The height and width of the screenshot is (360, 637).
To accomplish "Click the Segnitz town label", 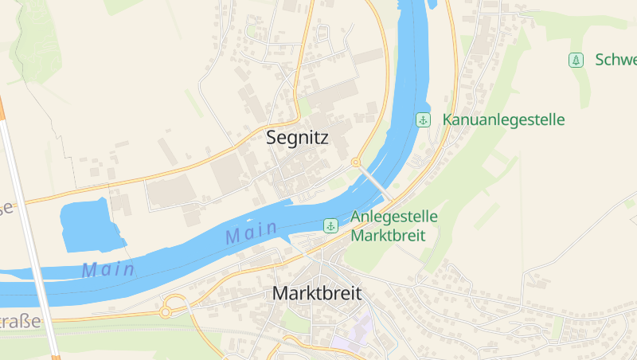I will point(297,138).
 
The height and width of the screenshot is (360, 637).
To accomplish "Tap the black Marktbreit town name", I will point(316,293).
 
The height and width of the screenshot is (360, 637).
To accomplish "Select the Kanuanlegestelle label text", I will point(503,120).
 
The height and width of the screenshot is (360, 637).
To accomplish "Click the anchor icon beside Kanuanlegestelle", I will point(424,120).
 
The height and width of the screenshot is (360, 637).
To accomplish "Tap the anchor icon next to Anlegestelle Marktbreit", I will point(330,226).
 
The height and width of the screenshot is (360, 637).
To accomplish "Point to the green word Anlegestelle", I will point(394,217).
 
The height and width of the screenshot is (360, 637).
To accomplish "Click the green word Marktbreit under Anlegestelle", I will point(388,236).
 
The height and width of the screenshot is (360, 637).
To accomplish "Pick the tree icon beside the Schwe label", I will point(575,60).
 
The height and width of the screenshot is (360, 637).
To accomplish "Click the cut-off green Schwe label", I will point(616,60).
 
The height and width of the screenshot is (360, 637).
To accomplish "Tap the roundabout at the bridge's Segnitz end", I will point(356,162).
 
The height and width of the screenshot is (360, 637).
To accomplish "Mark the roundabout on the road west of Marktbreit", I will point(166,311).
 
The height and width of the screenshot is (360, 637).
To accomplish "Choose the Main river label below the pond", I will point(107,270).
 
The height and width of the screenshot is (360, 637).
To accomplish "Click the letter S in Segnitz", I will point(272,138).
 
